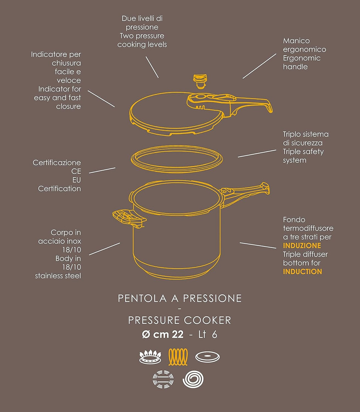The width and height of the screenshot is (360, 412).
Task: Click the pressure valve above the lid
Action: pos(200,81)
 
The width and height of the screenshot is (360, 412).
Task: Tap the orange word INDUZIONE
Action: pos(302,246)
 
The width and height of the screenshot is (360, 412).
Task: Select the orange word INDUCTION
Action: pos(302,272)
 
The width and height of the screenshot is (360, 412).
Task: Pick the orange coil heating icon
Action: pos(178,357)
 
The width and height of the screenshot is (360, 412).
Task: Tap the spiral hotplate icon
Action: pos(193,379)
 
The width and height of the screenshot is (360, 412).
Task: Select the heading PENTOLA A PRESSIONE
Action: pos(180,298)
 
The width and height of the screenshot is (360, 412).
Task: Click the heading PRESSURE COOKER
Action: pos(180,320)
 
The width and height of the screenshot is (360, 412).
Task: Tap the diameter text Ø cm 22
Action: pos(163,334)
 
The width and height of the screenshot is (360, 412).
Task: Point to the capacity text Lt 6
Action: pos(208,334)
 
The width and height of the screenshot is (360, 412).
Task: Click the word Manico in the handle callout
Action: pos(296,41)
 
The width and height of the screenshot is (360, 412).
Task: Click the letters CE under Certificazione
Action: pos(76,172)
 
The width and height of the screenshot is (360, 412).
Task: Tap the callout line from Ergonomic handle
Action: pos(259,66)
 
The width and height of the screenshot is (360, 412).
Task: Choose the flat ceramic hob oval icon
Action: pos(207,357)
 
